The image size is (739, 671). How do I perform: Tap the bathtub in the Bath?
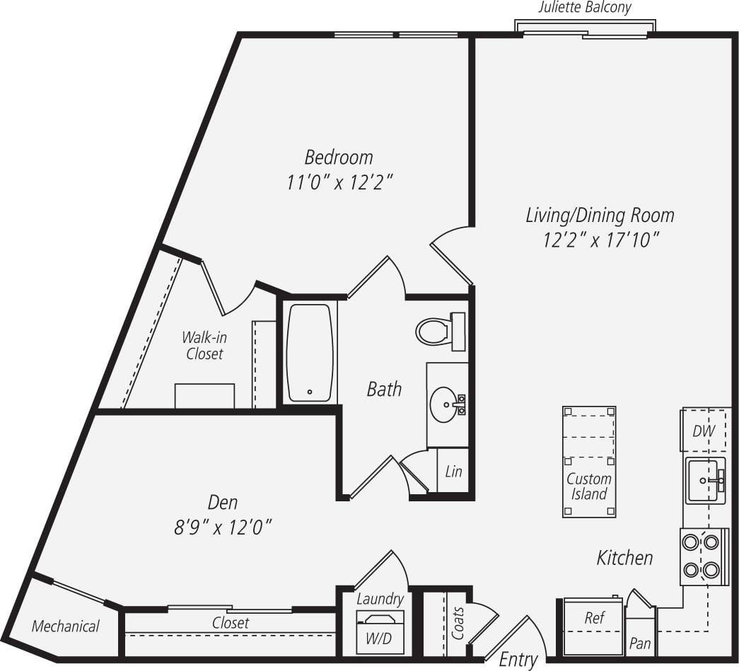point(310,353)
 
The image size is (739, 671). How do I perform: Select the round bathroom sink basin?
point(445,404)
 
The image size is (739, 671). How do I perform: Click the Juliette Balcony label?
point(584,8)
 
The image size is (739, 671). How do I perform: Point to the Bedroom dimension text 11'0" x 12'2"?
point(339,182)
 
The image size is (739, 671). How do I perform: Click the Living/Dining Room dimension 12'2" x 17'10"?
point(601,240)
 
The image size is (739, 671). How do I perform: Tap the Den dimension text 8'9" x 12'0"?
point(223,527)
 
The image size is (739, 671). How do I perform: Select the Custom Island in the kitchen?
point(589,461)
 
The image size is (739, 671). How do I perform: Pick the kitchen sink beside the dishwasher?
point(704,480)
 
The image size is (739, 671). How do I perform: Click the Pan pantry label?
point(639,643)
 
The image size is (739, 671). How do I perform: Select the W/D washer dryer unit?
point(379,631)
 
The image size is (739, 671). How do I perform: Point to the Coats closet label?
point(458,622)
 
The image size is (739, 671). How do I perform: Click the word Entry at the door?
point(518,660)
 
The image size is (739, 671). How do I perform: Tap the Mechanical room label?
point(65,626)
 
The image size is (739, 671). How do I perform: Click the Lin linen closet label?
point(453,471)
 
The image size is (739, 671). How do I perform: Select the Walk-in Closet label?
point(204,345)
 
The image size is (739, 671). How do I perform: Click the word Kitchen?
point(624,558)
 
